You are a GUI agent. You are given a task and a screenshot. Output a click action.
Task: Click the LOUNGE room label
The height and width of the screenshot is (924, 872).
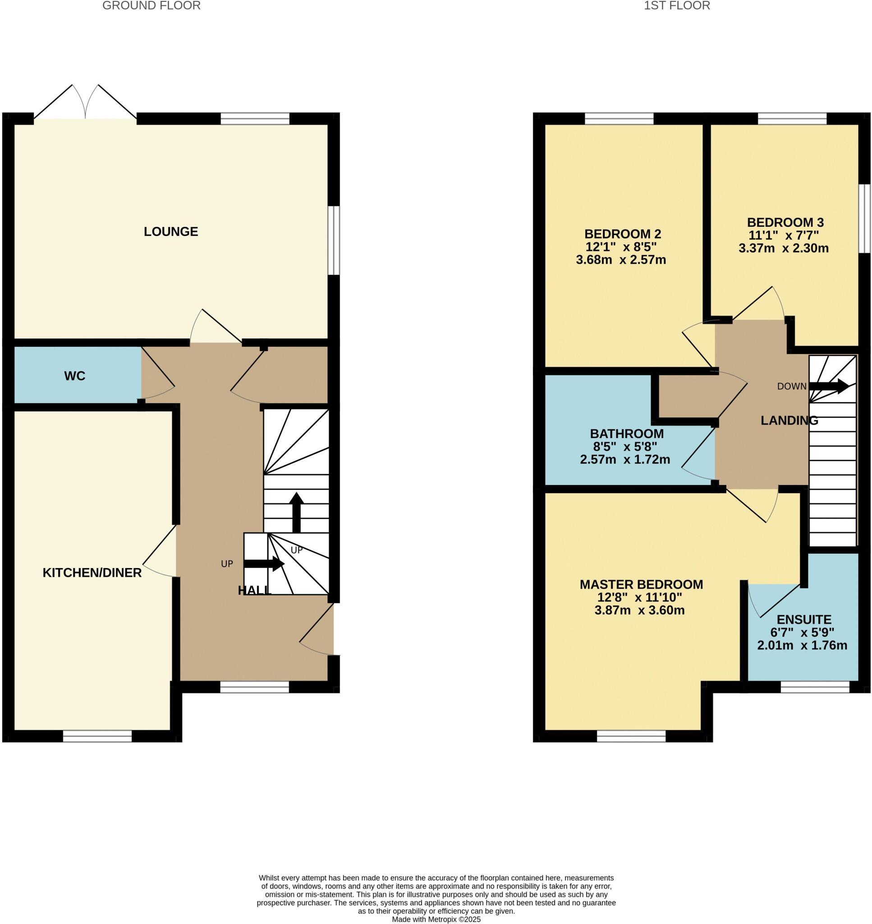pos(170,231)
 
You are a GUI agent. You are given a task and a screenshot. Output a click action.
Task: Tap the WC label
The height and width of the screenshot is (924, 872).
pos(75,376)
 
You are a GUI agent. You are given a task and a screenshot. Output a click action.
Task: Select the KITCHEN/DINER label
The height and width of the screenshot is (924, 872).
pos(92,573)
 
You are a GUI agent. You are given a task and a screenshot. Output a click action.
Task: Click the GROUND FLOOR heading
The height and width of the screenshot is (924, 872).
pos(151,5)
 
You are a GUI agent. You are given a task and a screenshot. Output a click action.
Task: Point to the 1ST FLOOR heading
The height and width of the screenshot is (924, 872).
pos(677,5)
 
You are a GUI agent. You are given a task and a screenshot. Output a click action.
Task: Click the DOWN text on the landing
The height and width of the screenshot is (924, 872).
pos(792,386)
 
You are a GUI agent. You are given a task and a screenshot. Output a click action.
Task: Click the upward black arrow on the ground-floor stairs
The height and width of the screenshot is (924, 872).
pos(297,512)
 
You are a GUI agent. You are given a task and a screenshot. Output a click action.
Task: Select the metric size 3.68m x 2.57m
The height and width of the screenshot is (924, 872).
pos(620,259)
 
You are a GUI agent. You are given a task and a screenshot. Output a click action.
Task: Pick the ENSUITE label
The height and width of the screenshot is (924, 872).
pos(803,619)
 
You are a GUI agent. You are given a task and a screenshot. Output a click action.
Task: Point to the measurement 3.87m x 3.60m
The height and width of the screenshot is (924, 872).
pos(639,610)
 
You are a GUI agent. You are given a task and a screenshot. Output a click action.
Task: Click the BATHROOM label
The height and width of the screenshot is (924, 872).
pos(627,434)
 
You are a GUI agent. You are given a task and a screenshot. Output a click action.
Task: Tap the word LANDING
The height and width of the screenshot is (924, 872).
pos(789,420)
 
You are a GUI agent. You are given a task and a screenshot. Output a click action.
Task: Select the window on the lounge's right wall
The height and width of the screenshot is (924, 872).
pos(333,240)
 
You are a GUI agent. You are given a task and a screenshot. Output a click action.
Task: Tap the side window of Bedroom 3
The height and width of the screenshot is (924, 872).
pos(864,218)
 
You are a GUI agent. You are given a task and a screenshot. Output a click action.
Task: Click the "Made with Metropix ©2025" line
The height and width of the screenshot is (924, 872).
pos(436,919)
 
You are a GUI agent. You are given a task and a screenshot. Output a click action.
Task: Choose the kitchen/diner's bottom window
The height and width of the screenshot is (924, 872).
pos(97,736)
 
